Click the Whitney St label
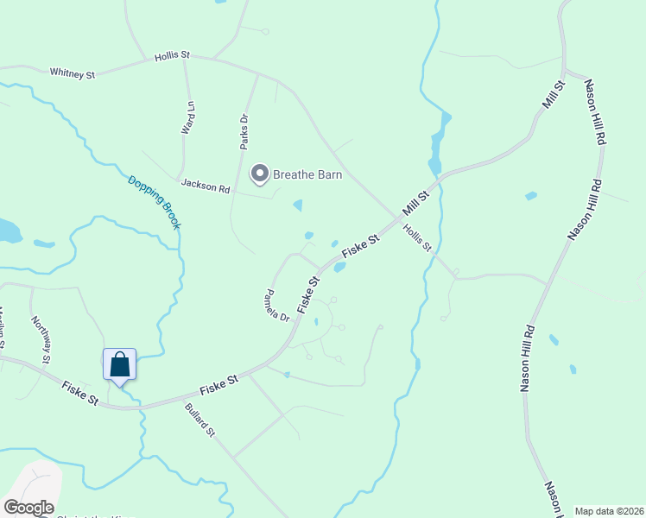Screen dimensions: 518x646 click(x=73, y=73)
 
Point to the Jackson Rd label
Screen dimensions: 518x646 click(x=206, y=185)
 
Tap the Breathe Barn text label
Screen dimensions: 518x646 click(x=307, y=174)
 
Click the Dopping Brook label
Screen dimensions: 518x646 click(x=154, y=202)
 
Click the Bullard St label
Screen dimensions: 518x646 click(x=199, y=419)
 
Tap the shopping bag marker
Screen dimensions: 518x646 click(x=119, y=364)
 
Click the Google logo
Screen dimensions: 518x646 click(x=28, y=507)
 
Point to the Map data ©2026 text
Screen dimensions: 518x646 click(x=608, y=510)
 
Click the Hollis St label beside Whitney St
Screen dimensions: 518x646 click(x=172, y=55)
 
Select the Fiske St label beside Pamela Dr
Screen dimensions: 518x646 click(x=308, y=294)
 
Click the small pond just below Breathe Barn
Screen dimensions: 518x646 click(x=298, y=205)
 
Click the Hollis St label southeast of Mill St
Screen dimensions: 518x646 click(x=418, y=237)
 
